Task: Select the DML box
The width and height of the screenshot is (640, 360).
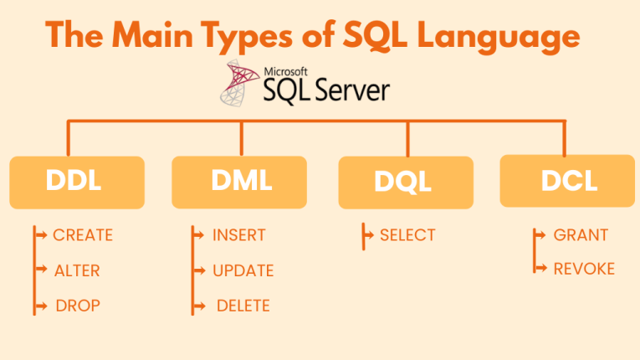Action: tap(241, 181)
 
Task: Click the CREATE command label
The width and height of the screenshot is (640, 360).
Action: tap(82, 235)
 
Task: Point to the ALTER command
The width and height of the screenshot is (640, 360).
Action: tap(77, 270)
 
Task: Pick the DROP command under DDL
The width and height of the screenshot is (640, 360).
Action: tap(78, 306)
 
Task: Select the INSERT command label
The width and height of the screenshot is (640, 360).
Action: tap(239, 235)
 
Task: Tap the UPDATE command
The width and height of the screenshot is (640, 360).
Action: tap(243, 270)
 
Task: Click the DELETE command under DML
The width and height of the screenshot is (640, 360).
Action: tap(243, 306)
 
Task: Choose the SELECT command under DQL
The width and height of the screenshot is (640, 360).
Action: tap(407, 235)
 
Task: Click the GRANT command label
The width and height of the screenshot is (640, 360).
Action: tap(581, 235)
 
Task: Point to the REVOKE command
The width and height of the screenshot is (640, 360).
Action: tap(584, 269)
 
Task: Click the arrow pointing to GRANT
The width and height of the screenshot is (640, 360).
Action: tap(541, 235)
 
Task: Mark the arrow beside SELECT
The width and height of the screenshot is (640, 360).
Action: tap(369, 235)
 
